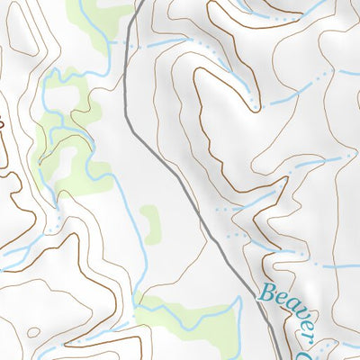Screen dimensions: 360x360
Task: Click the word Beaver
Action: click(x=292, y=311)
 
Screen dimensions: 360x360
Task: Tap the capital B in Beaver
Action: click(x=266, y=293)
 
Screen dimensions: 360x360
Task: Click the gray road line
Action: click(x=180, y=180)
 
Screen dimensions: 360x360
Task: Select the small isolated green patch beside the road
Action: click(x=149, y=219)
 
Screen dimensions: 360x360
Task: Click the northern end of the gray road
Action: click(x=143, y=1)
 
